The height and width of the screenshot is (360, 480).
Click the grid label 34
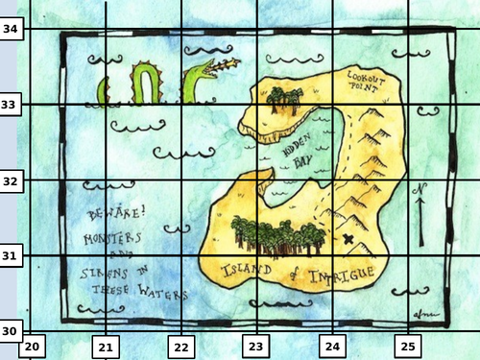(x=11, y=30)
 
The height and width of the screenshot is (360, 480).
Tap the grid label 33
(x=11, y=104)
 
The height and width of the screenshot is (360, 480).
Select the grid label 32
(x=11, y=180)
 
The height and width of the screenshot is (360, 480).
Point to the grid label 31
(x=11, y=255)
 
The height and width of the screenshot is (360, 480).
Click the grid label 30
(x=11, y=330)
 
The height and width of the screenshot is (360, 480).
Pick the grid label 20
(x=31, y=346)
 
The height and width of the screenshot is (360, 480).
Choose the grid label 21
(x=106, y=346)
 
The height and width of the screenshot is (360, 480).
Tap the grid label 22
(x=180, y=346)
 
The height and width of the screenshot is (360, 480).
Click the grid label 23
(x=255, y=346)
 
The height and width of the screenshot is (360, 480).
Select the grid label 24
(x=331, y=346)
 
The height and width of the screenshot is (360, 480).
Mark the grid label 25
(x=407, y=346)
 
